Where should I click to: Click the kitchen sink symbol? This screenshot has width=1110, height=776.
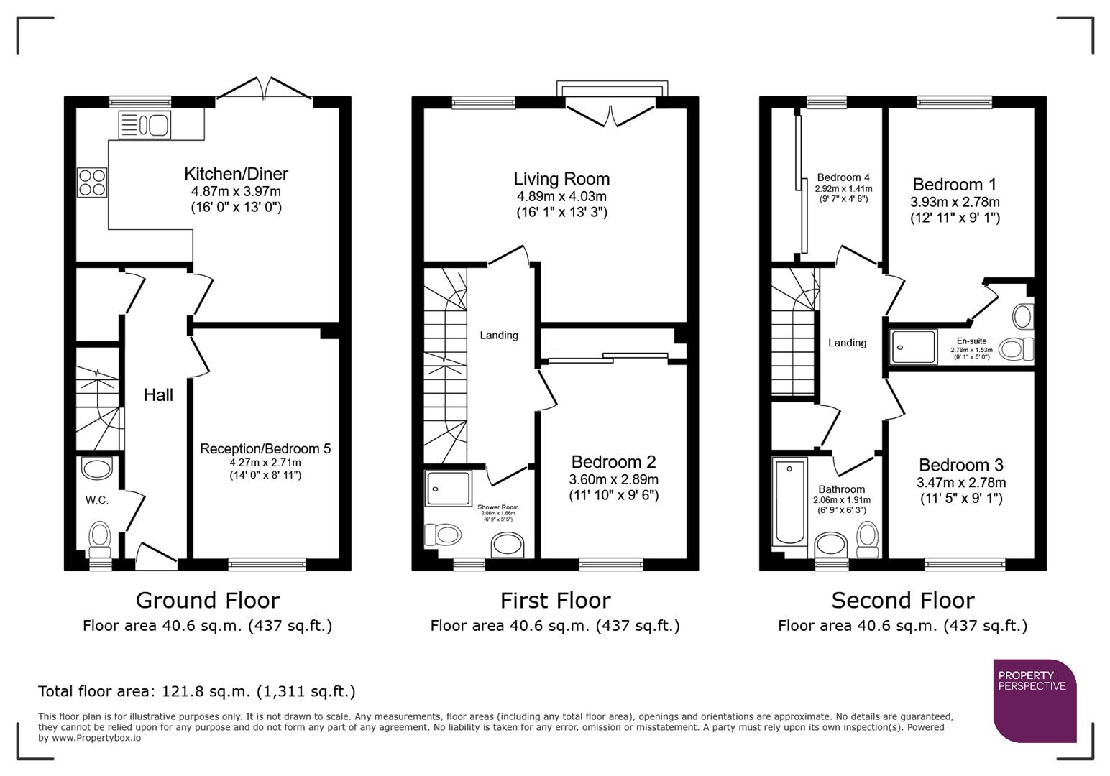[x=145, y=125]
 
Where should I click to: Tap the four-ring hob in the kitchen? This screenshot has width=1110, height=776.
[x=92, y=182]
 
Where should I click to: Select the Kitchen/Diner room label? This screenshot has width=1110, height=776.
[x=236, y=174]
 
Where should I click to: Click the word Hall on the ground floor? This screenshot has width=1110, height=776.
[x=158, y=394]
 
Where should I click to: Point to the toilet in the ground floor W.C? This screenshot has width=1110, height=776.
[x=100, y=537]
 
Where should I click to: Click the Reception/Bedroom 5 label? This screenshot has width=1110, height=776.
[x=265, y=448]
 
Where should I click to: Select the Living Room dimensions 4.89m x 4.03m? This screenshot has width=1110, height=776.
[x=561, y=196]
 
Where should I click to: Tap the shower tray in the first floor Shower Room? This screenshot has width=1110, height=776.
[x=448, y=488]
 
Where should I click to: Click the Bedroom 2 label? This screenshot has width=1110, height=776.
[x=613, y=462]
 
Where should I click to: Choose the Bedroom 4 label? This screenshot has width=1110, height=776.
[x=843, y=177]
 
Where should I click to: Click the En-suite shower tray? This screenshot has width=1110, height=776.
[x=913, y=347]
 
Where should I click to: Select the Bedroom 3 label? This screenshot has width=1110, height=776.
[x=961, y=465]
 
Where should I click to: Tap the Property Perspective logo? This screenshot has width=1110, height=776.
[x=1034, y=700]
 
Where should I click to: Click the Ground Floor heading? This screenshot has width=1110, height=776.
[x=207, y=600]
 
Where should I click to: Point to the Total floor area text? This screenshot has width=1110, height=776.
[x=196, y=691]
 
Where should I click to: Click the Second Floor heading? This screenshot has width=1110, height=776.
[x=902, y=600]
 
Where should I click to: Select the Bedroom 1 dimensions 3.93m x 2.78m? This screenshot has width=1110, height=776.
[x=955, y=202]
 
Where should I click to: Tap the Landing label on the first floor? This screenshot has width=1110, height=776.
[x=499, y=336]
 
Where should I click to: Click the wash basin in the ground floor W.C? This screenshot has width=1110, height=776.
[x=97, y=469]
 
